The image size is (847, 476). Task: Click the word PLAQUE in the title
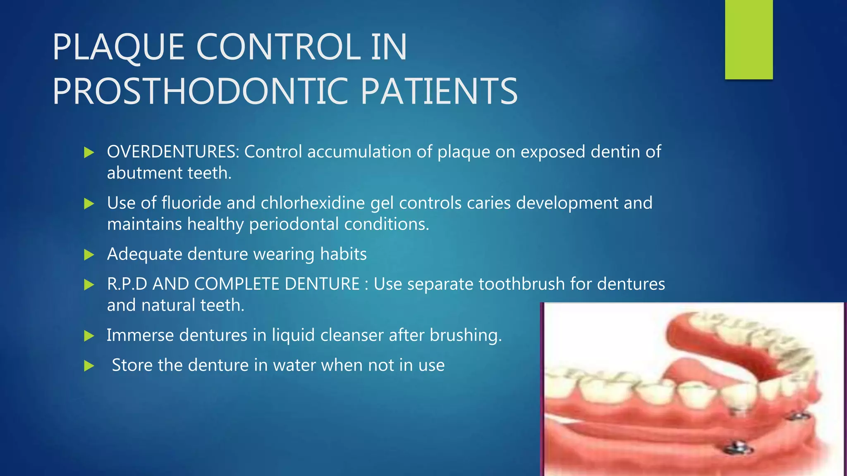point(118,48)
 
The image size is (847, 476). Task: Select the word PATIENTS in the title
point(439,92)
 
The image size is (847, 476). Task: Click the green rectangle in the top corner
point(749,40)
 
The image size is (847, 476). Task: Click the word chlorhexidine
point(313,203)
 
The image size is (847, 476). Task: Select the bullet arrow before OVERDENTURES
point(89,152)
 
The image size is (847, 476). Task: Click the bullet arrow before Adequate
point(89,255)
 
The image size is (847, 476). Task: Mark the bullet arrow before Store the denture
point(89,366)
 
